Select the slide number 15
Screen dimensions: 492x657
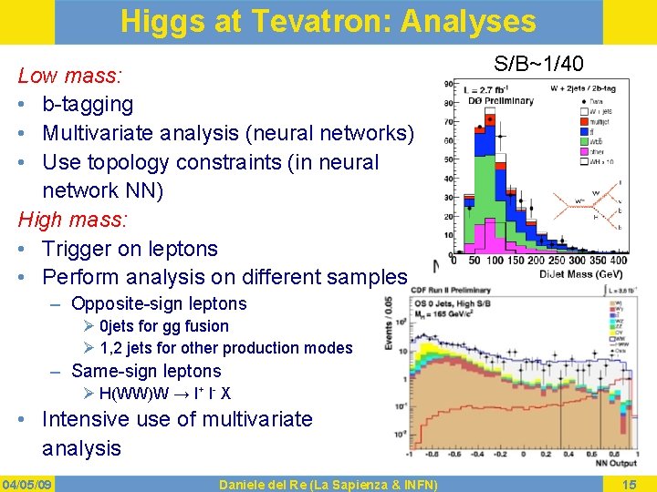tap(629, 483)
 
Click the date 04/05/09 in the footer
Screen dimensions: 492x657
tap(28, 483)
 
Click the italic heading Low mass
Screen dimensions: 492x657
tap(70, 76)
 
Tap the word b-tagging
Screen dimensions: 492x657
tap(88, 105)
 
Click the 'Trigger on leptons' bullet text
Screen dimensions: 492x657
tap(130, 249)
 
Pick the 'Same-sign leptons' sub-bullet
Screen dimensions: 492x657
tap(146, 371)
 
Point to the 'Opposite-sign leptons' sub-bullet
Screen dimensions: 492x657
tap(159, 303)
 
